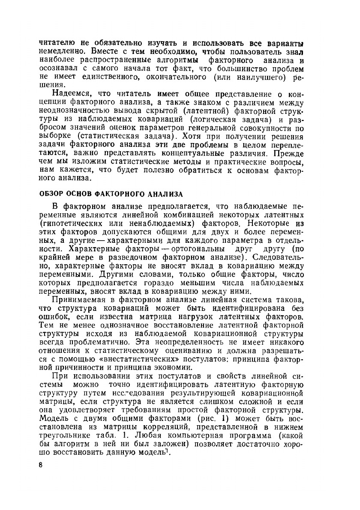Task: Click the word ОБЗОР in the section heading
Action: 52,194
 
